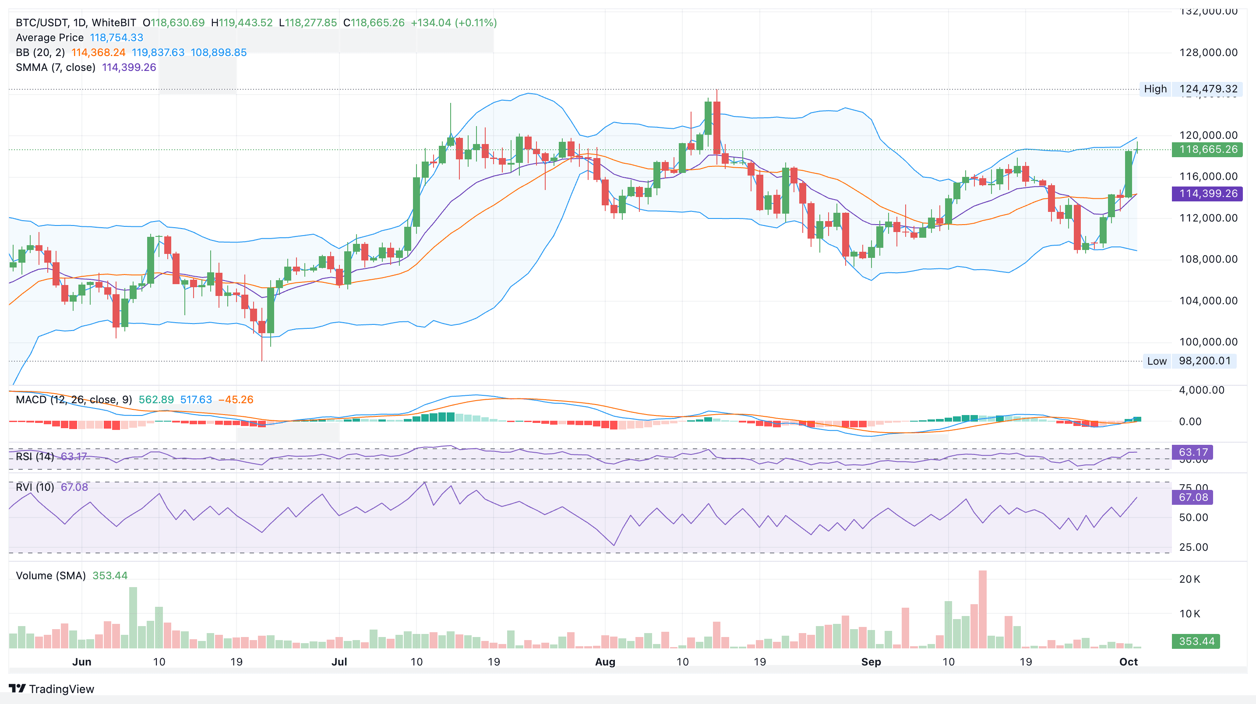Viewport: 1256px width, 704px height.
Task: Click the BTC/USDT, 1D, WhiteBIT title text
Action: coord(76,22)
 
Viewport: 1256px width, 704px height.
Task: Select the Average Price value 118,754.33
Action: coord(116,38)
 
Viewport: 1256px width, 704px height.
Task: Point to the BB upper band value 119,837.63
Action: coord(158,53)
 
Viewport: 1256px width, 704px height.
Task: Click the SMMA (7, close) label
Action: coord(55,67)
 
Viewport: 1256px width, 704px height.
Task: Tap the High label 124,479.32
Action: coord(1208,89)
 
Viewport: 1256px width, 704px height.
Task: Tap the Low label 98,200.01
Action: coord(1204,361)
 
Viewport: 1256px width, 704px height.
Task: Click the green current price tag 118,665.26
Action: coord(1208,149)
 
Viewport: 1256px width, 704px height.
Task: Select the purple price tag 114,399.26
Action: coord(1208,194)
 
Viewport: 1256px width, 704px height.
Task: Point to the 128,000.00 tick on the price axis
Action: coord(1208,53)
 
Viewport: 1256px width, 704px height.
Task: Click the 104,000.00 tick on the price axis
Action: coord(1208,301)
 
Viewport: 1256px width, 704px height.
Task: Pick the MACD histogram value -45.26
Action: coord(236,400)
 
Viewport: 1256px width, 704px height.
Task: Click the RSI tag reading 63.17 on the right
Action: coord(1192,452)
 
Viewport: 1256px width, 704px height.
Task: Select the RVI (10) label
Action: coord(35,487)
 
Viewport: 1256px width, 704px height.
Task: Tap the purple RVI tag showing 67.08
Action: coord(1192,497)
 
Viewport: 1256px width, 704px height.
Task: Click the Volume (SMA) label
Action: coord(51,575)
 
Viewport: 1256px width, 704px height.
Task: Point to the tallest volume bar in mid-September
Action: coord(982,609)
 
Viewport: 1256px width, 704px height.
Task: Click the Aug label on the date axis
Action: coord(605,662)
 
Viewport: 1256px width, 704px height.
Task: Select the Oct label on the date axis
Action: coord(1128,662)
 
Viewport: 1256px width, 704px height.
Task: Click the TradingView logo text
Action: coord(61,689)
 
